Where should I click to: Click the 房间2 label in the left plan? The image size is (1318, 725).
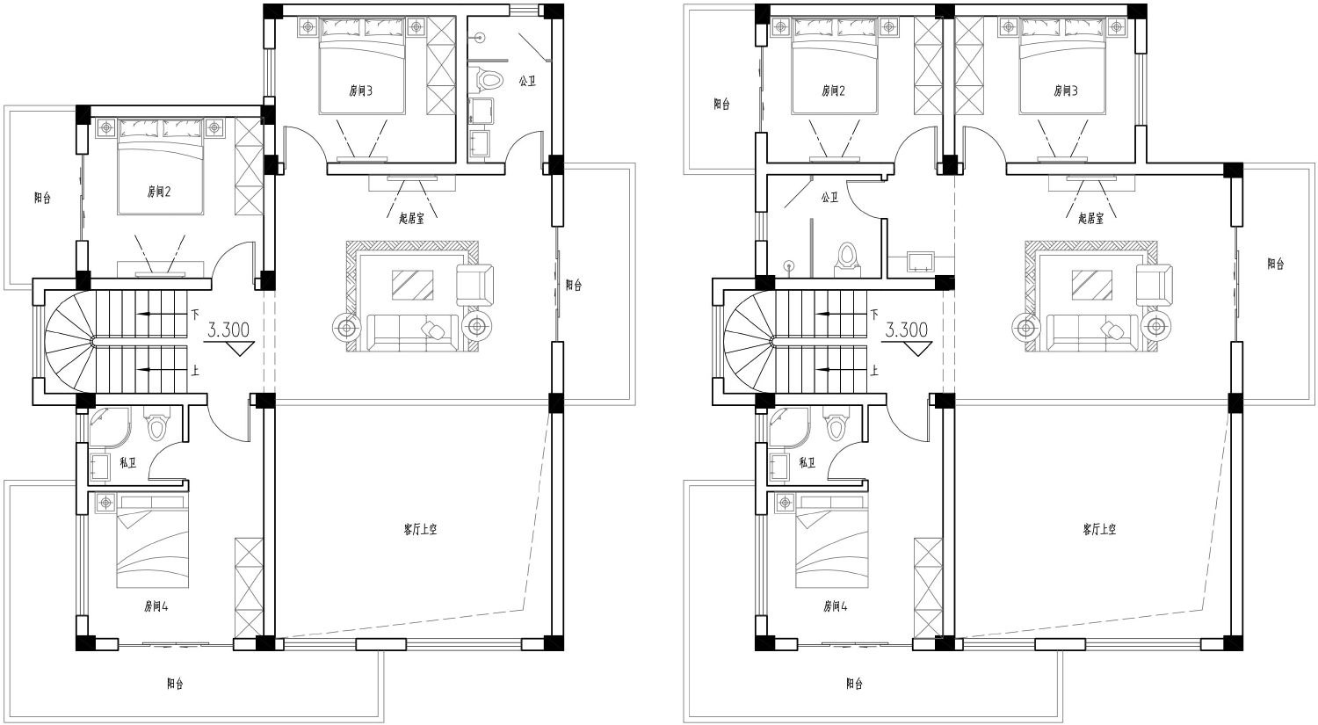pos(158,192)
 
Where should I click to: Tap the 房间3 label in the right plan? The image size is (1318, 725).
pos(1066,91)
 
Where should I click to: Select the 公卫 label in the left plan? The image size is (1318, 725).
pos(527,81)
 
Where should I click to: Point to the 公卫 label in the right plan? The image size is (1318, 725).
pos(829,197)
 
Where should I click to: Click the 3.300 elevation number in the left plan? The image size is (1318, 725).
pos(228,330)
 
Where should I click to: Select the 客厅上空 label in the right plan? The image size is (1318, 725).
pos(1099,530)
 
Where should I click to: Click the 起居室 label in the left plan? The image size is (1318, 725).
pos(411,219)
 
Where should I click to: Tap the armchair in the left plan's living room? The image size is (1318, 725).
pos(474,285)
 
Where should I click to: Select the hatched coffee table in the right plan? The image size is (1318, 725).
pos(1091,285)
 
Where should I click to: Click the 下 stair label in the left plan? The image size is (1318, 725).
pos(195,315)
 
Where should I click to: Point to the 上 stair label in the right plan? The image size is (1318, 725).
pos(874,370)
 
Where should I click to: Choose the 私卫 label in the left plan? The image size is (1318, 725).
pos(127,462)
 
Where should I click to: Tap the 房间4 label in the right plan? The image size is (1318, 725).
pos(835,606)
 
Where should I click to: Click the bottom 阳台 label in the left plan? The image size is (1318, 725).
pos(175,684)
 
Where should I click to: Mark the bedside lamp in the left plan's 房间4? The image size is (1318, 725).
pos(106,503)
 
